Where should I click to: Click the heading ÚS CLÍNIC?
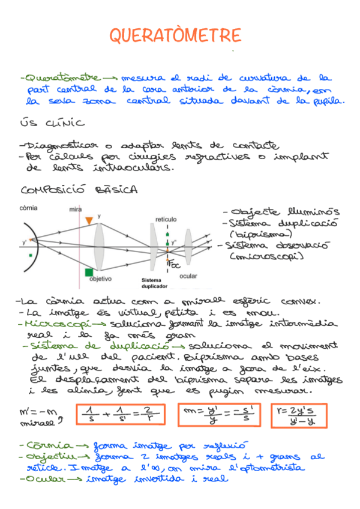52,124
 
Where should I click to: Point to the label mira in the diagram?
76,209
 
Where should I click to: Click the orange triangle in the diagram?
89,221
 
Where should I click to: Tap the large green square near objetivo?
89,272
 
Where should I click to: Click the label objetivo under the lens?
101,279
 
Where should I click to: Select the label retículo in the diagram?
166,219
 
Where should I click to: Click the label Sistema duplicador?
154,283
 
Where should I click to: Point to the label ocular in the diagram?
188,276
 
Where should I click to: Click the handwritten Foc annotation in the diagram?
173,265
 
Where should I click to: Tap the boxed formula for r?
298,416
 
